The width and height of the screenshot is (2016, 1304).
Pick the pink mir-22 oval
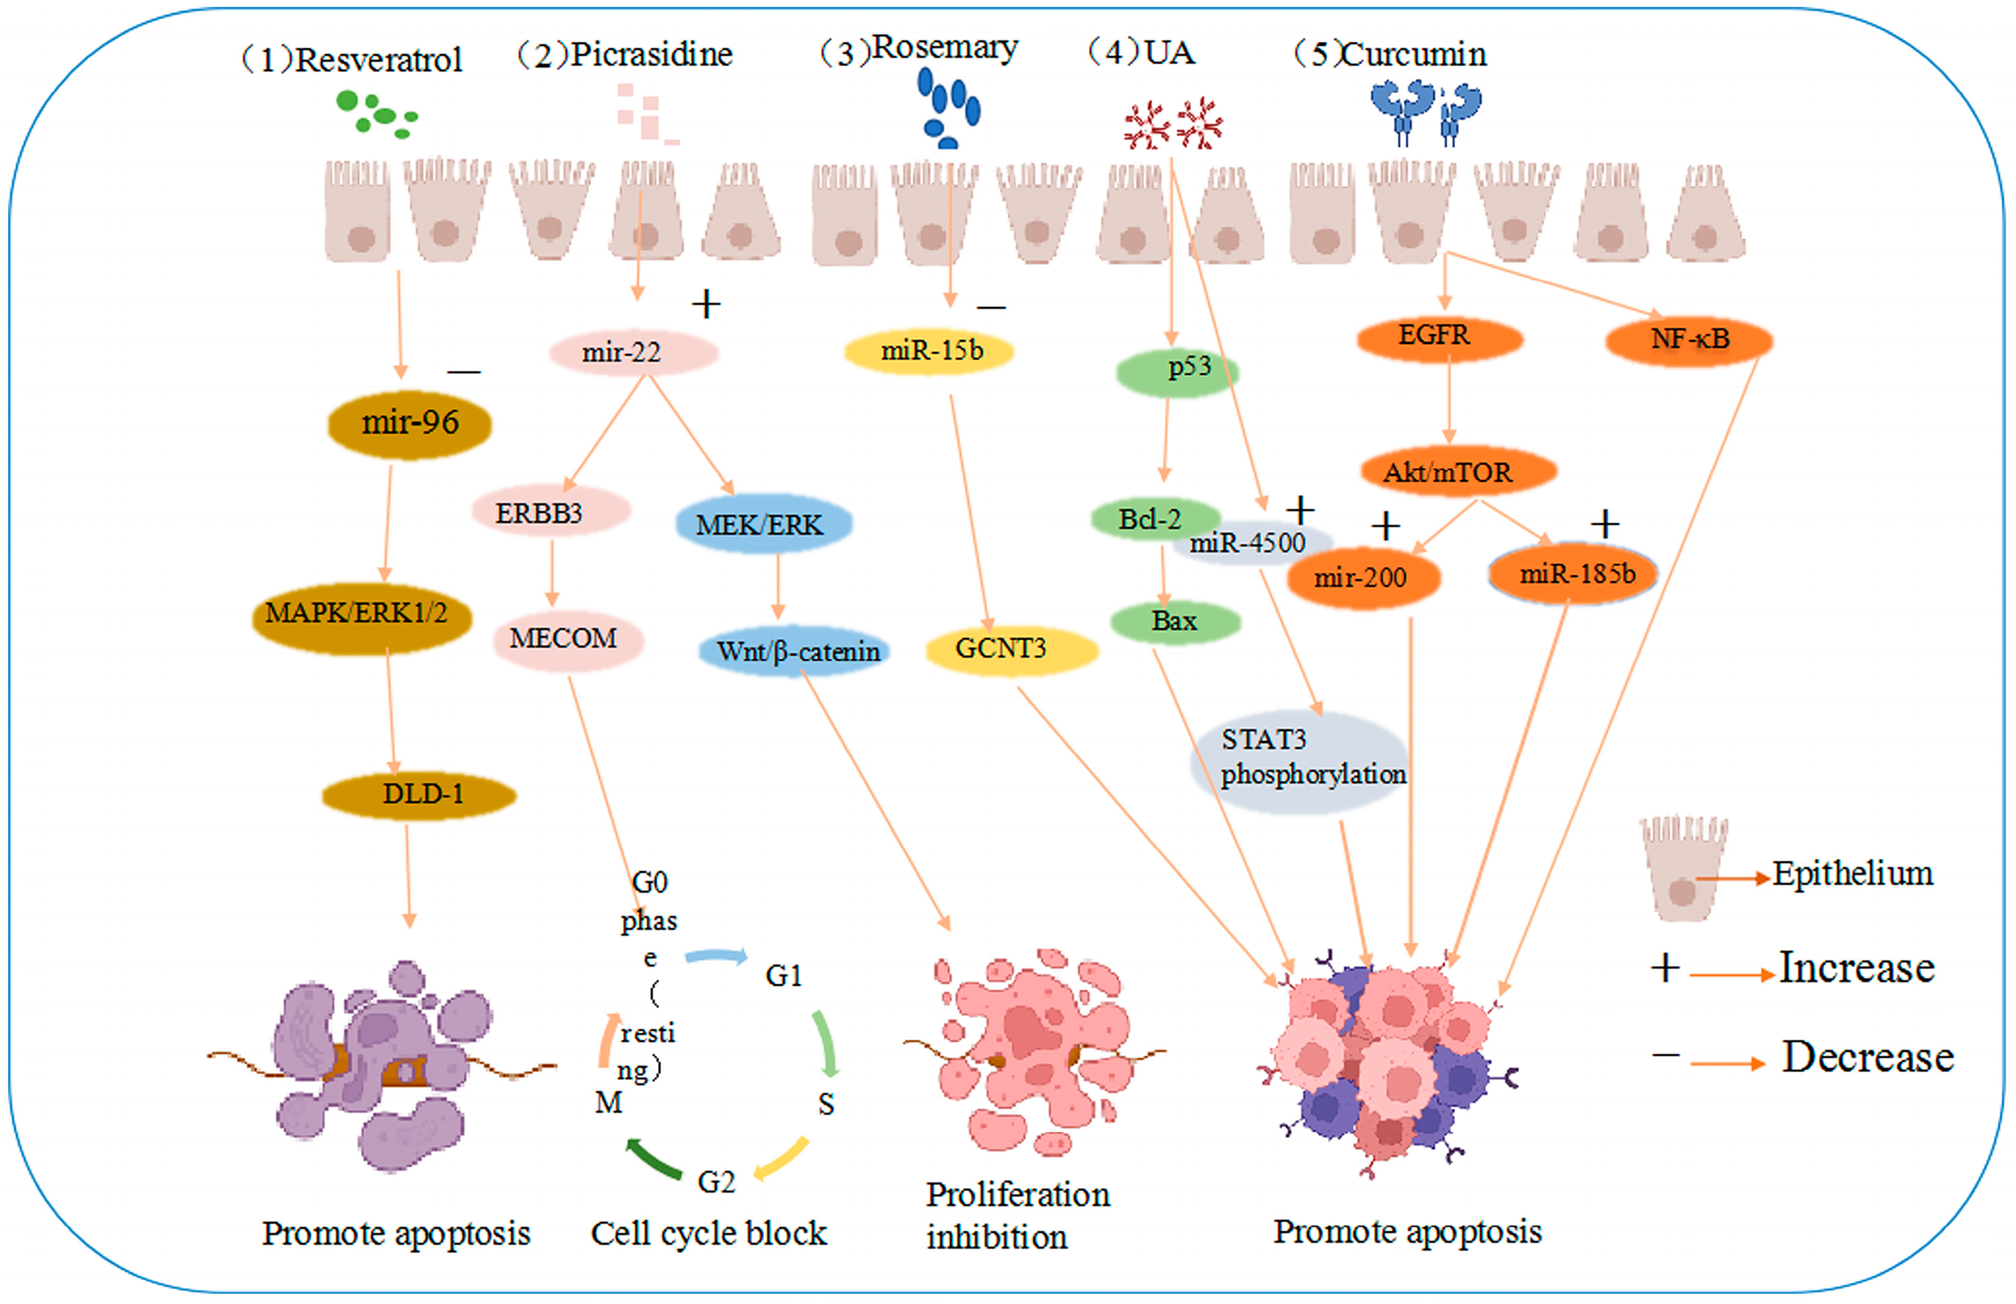634,352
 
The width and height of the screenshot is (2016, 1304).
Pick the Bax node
1176,622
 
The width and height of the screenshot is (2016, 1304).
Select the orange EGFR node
1440,339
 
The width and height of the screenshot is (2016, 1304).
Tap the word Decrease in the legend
1868,1058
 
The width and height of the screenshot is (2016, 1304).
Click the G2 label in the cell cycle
716,1181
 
